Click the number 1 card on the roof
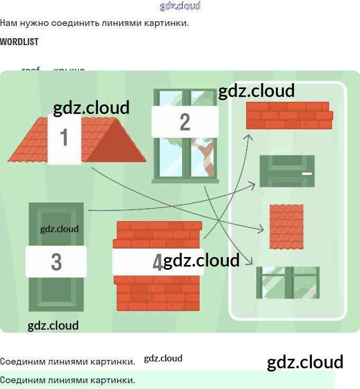pos(64,138)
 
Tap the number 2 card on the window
pos(185,122)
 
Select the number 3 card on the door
pos(56,262)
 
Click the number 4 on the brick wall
pos(157,262)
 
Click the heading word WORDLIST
pos(19,41)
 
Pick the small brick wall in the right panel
pos(289,116)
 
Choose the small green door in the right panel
pos(287,171)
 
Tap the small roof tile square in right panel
pos(286,226)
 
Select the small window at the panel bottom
pos(288,282)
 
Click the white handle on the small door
pos(307,173)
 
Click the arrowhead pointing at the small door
pos(253,184)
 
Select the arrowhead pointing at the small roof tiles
pos(260,229)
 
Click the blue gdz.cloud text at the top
pos(180,6)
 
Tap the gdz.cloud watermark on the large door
pos(59,229)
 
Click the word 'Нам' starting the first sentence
pos(8,23)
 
